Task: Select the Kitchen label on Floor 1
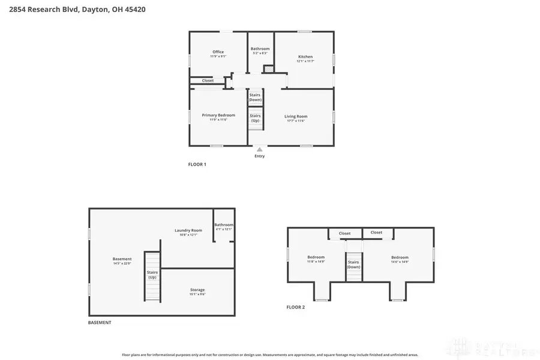coord(305,58)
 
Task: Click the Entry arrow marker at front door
coord(259,150)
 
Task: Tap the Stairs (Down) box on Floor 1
coord(255,97)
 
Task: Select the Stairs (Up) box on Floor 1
coord(255,118)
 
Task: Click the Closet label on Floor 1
coord(208,80)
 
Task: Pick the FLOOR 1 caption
coord(197,164)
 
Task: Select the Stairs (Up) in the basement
coord(152,275)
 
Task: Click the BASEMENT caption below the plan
coord(100,322)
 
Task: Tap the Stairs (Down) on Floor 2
coord(353,264)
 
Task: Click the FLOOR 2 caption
coord(295,307)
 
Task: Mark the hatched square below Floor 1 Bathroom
coord(268,69)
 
